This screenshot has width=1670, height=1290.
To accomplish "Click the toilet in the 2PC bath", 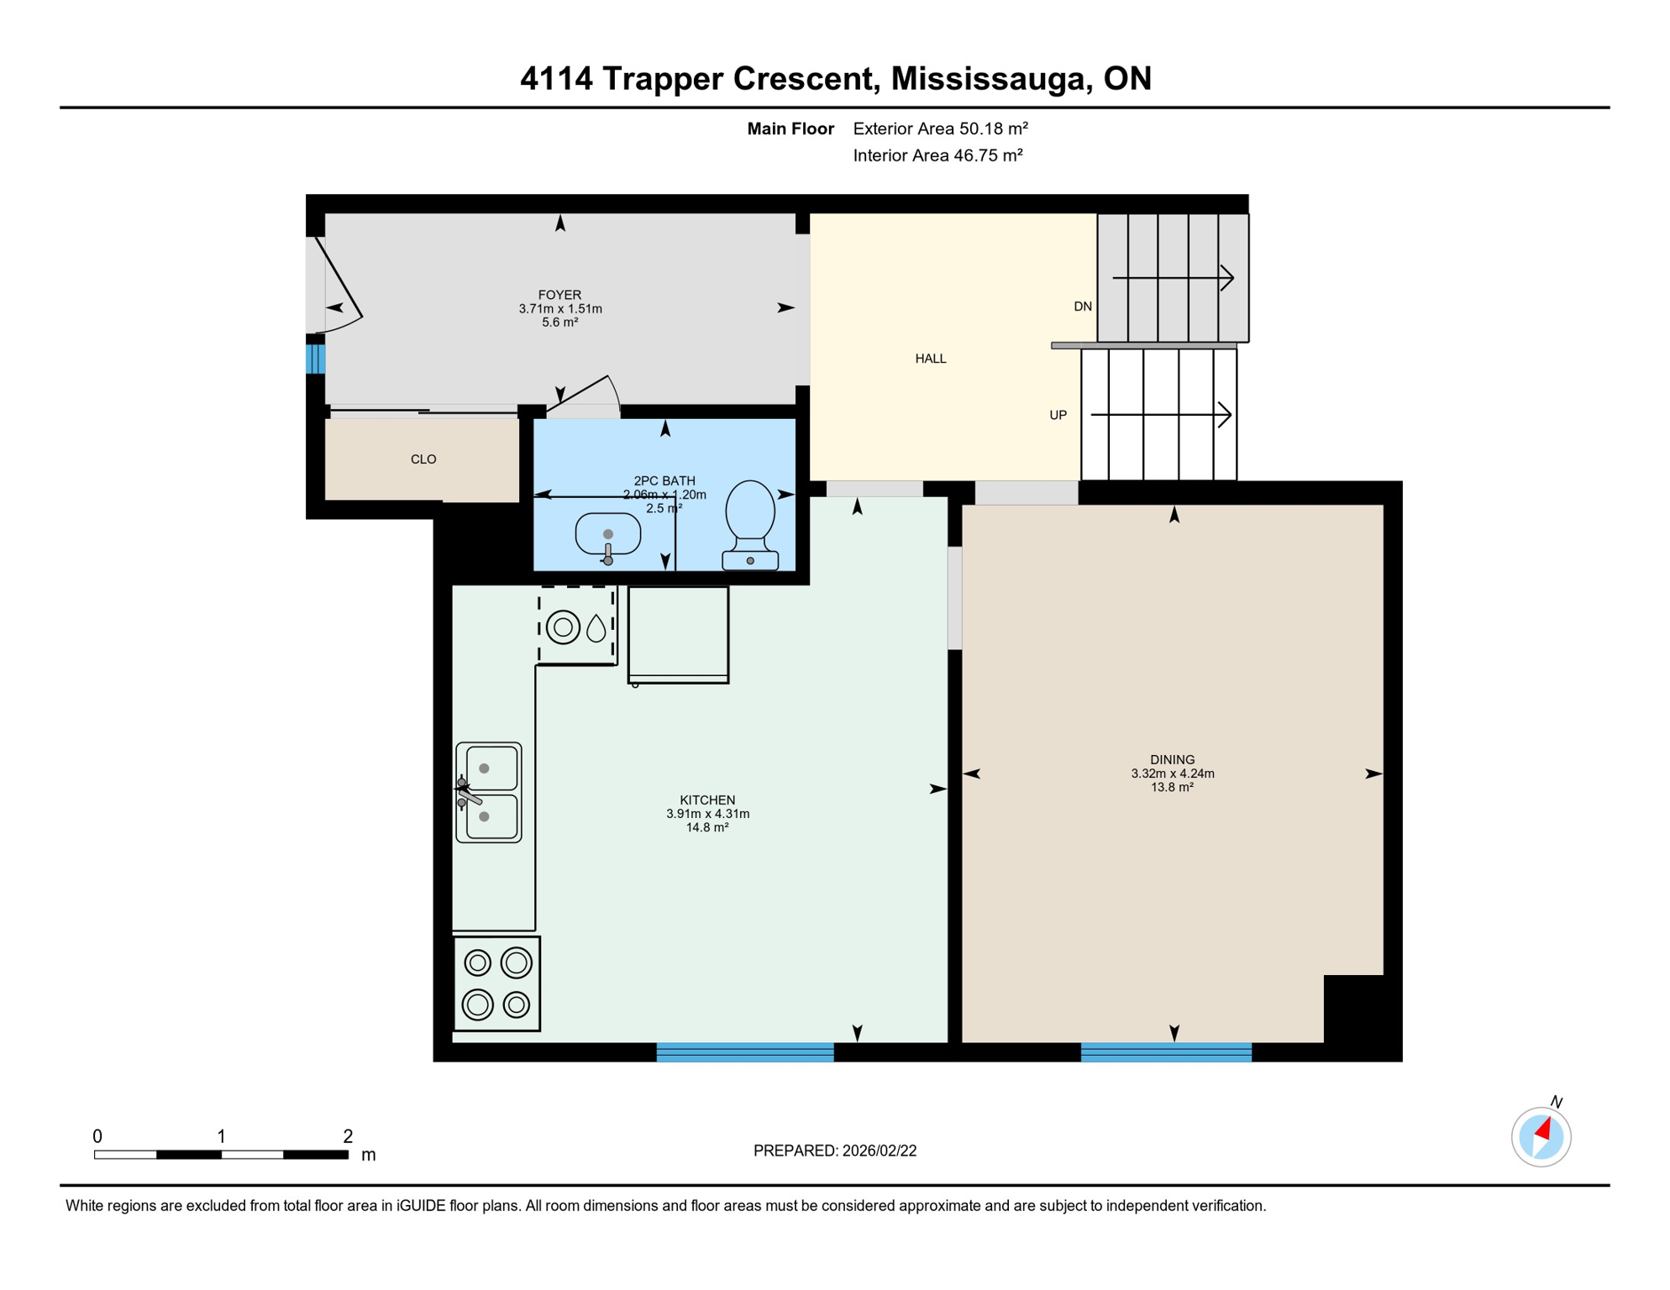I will [749, 523].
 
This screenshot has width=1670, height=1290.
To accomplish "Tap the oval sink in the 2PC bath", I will [607, 534].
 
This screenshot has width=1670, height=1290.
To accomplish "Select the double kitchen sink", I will [489, 792].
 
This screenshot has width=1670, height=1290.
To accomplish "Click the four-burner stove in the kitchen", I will [496, 983].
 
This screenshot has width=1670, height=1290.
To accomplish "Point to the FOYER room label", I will [559, 295].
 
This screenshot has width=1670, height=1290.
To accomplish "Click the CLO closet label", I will [423, 459].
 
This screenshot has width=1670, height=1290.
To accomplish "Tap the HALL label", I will [930, 359].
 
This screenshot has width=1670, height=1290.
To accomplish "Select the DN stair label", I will [1082, 307].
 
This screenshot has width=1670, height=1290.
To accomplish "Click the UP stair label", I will [1058, 415].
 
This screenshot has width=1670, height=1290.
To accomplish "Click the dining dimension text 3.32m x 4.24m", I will [1172, 773].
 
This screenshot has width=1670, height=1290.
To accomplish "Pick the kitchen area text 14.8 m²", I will [706, 827].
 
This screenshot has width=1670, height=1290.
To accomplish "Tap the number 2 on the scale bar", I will [348, 1136].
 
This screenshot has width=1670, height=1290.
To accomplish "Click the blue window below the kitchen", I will [744, 1051].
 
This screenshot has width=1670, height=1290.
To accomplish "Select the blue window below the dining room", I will [1165, 1051].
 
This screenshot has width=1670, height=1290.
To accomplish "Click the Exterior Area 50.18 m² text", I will [940, 128].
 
